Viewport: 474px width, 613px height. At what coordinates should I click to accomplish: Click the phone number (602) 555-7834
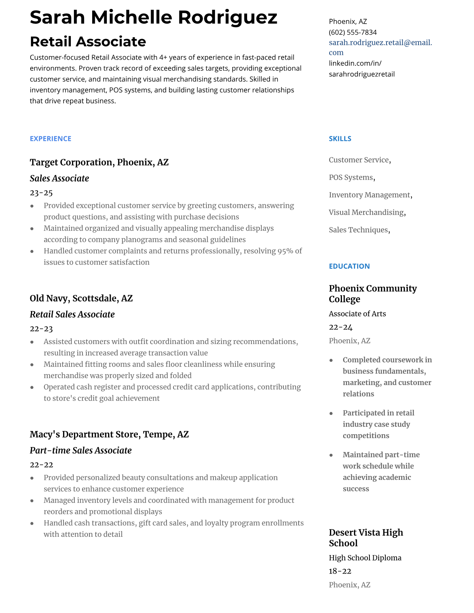[x=352, y=33]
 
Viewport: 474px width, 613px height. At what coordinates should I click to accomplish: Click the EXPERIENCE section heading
[x=50, y=139]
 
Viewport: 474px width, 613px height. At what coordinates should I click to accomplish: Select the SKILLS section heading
[x=340, y=139]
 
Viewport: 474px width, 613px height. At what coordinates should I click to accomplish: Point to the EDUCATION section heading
[x=349, y=266]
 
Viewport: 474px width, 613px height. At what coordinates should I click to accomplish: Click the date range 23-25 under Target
[x=41, y=193]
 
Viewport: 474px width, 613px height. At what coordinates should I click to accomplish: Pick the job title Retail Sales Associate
[x=72, y=314]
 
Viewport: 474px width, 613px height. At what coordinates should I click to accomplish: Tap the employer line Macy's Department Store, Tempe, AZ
[x=109, y=434]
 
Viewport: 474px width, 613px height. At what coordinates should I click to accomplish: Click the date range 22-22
[x=41, y=465]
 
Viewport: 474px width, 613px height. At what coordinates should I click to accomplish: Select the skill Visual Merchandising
[x=366, y=212]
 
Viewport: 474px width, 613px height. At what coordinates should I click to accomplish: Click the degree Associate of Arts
[x=357, y=314]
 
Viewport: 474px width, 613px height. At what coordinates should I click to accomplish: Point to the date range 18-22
[x=340, y=571]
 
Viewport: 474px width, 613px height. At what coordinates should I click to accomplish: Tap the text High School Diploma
[x=365, y=558]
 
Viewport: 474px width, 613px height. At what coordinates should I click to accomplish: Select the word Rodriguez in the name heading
[x=227, y=17]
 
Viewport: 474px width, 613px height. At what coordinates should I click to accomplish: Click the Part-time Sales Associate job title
[x=81, y=450]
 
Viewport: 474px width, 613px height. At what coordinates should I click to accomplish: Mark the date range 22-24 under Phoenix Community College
[x=340, y=327]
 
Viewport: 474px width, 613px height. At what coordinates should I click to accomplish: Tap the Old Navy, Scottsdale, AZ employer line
[x=81, y=298]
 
